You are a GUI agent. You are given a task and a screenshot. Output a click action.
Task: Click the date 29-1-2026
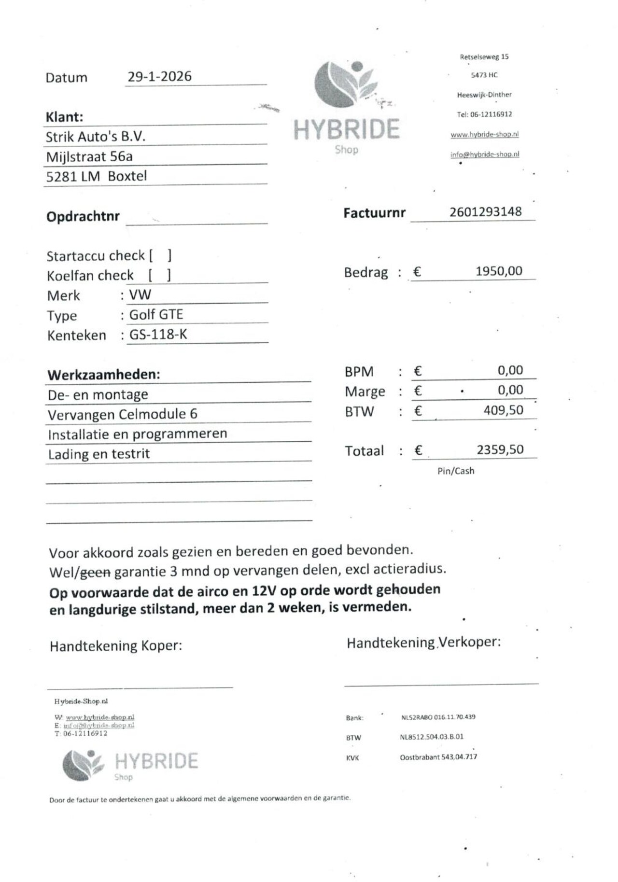tap(159, 76)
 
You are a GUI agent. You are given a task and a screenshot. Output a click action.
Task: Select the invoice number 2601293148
tap(485, 212)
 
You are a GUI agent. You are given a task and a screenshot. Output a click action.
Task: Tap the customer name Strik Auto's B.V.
tap(96, 137)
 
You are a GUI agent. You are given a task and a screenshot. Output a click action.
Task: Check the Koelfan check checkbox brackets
tap(159, 275)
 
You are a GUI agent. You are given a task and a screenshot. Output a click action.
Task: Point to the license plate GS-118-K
tap(158, 335)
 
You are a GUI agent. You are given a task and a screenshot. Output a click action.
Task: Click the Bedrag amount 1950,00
tap(499, 271)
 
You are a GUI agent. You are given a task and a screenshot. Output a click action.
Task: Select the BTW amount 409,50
tap(503, 410)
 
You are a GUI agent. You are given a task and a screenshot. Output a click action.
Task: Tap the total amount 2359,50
tap(500, 450)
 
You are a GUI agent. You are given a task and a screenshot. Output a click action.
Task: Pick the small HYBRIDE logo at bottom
tap(130, 765)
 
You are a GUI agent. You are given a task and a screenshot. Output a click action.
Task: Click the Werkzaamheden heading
tap(104, 375)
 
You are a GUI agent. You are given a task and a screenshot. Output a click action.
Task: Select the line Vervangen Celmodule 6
tap(123, 414)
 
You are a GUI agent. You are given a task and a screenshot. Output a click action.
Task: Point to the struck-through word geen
tap(95, 573)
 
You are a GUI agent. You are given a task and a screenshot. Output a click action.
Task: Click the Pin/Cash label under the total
tap(456, 471)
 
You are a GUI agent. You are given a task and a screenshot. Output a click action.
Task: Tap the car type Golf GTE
tap(156, 315)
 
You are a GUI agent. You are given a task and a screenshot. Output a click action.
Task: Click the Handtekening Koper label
tap(116, 646)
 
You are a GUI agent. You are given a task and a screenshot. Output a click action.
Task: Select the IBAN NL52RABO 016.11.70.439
tap(438, 717)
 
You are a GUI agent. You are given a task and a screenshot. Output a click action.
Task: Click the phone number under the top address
tap(484, 114)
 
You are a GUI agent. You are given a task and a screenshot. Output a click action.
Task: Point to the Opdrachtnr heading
tap(83, 216)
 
